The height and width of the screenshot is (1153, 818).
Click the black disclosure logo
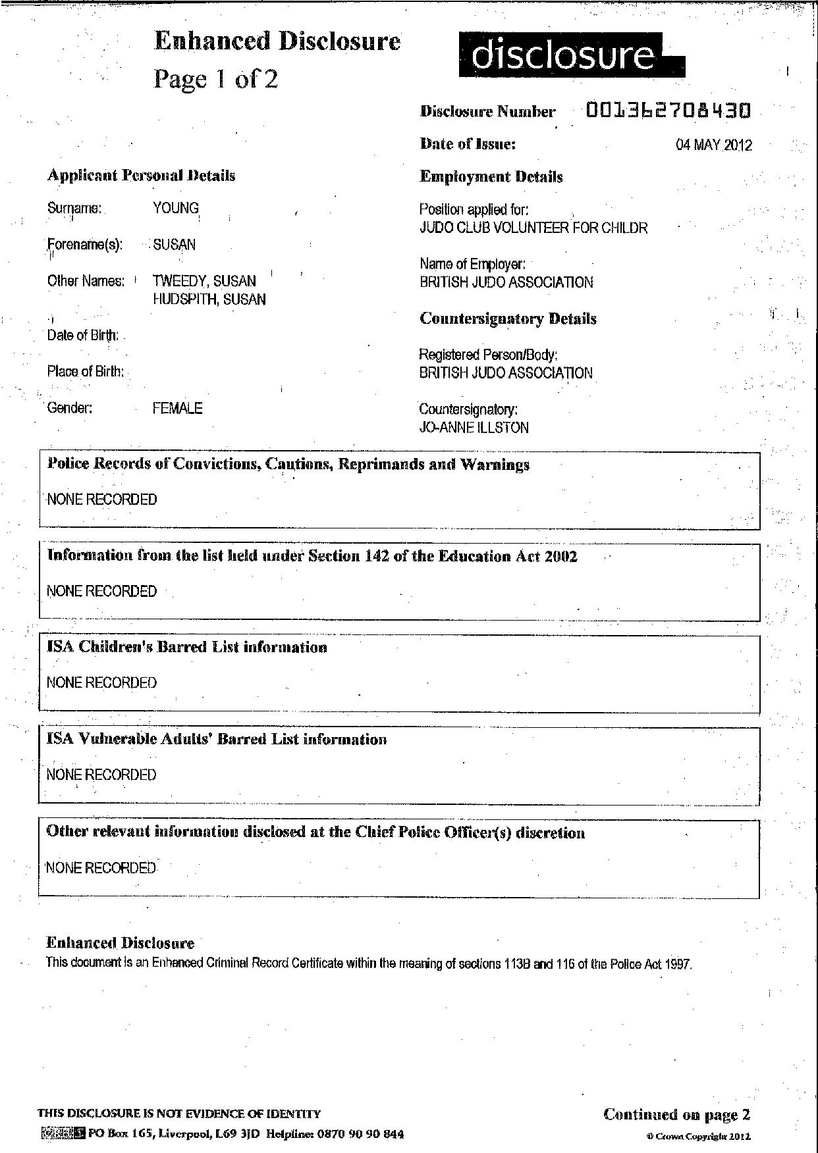click(570, 56)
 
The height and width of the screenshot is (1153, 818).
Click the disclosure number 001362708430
click(668, 111)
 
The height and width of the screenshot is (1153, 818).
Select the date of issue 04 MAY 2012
click(713, 145)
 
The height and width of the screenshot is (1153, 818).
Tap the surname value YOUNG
click(176, 208)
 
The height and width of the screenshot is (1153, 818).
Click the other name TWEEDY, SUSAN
click(204, 281)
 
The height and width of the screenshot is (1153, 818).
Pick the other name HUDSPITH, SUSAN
click(209, 299)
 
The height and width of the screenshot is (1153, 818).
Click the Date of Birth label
click(83, 336)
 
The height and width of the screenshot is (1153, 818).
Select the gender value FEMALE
click(177, 408)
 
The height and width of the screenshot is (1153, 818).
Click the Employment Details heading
click(491, 177)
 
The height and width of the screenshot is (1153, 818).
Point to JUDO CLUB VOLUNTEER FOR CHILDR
click(533, 228)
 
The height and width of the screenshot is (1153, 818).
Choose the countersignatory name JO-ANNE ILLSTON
click(474, 428)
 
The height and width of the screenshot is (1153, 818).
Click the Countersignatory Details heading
click(508, 319)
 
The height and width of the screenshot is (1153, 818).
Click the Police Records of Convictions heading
click(288, 465)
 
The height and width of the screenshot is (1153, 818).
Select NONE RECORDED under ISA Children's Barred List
click(101, 682)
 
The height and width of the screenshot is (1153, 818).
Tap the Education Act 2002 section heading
click(312, 556)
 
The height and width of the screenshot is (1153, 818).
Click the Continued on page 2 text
click(676, 1114)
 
